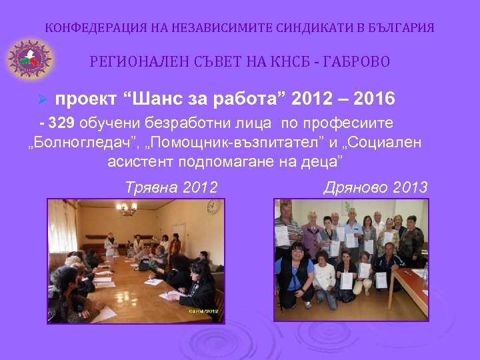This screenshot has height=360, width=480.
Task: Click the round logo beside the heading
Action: (x=29, y=58)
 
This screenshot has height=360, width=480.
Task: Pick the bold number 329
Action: (x=63, y=123)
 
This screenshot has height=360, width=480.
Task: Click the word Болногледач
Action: (x=83, y=143)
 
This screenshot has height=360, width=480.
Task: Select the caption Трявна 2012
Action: (x=171, y=188)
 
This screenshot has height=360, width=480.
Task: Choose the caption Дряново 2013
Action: (x=375, y=188)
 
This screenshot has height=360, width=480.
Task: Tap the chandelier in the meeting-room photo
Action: (x=126, y=209)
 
